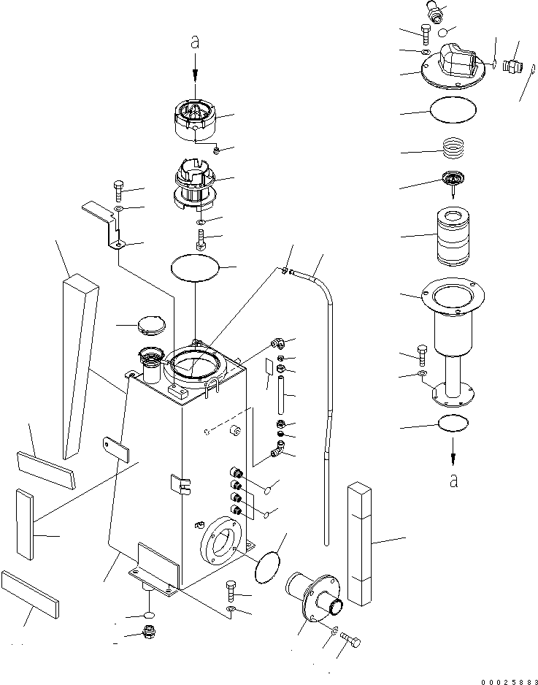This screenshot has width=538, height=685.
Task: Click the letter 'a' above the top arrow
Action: (x=195, y=43)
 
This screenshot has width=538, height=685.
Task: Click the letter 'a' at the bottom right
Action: (x=454, y=480)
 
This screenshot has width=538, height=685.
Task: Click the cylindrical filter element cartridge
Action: (x=455, y=237)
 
